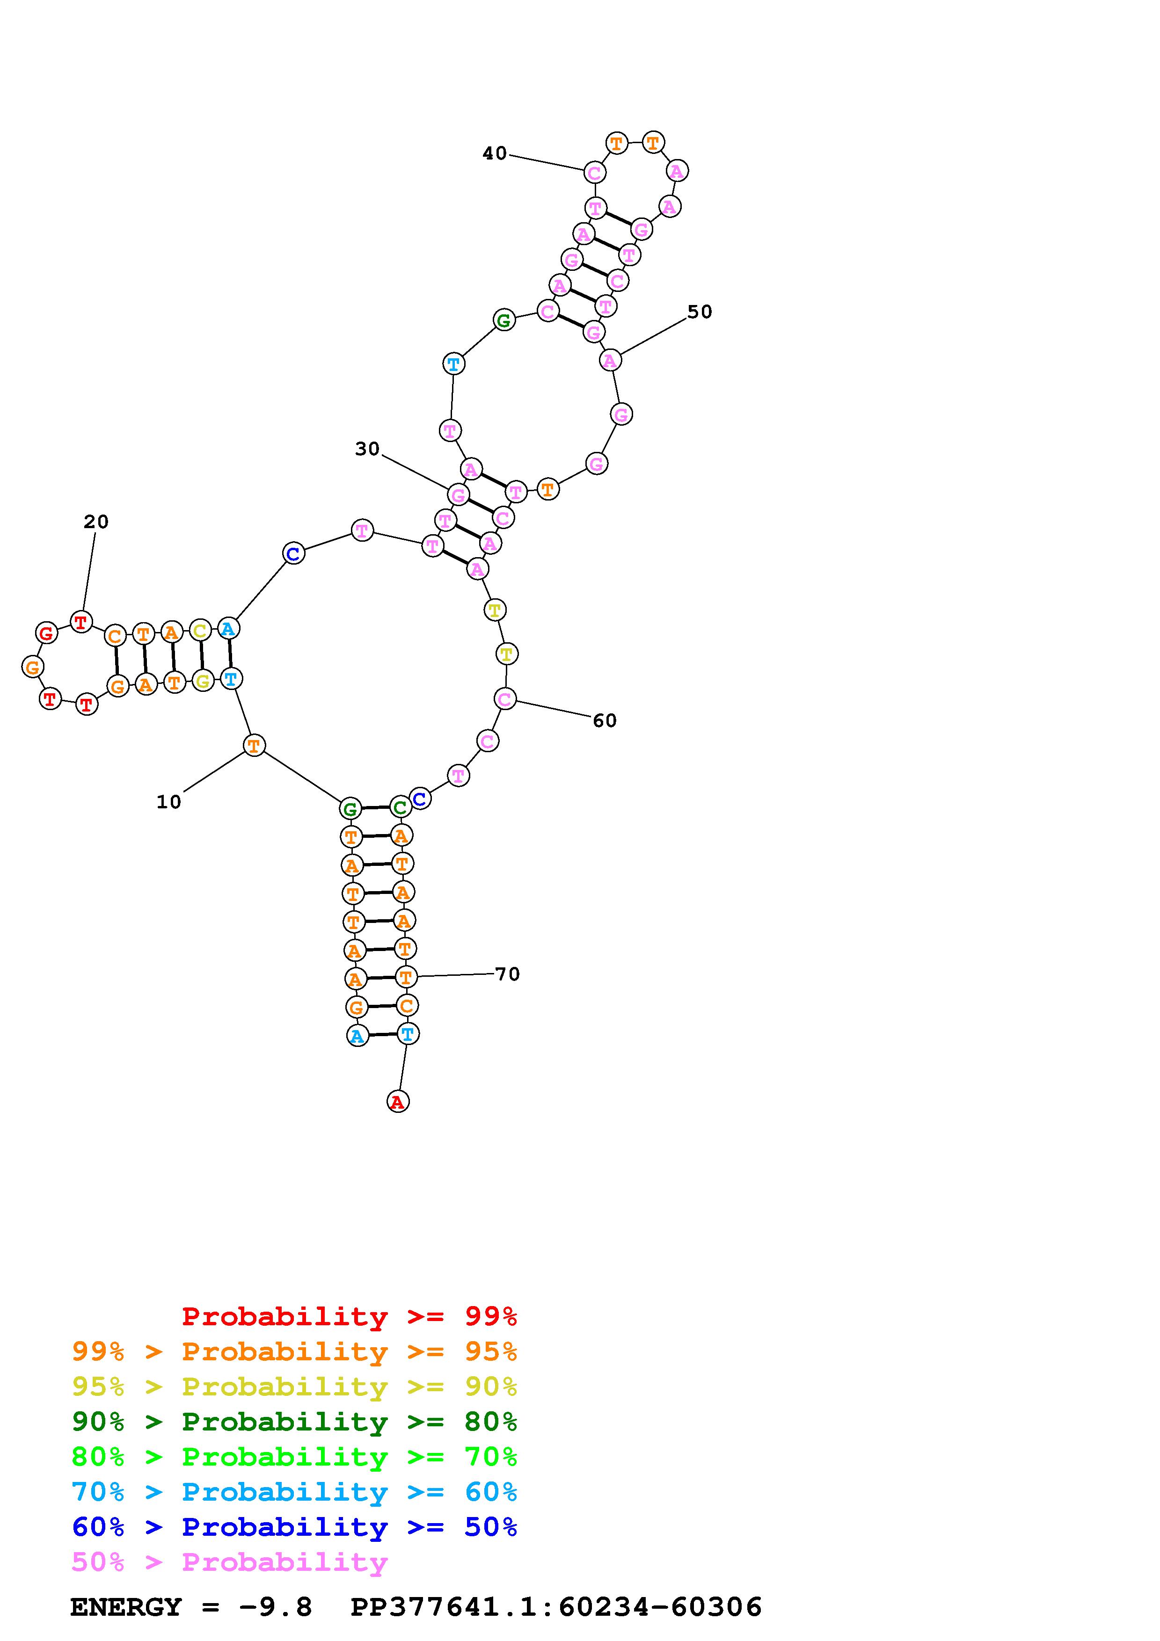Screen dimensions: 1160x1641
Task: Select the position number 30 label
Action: click(x=367, y=449)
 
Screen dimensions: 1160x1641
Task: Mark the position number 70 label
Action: click(x=507, y=974)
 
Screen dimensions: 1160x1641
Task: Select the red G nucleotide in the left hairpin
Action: click(x=46, y=632)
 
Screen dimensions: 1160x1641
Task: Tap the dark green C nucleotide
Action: click(x=400, y=807)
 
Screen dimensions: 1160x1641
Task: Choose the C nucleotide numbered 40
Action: click(x=595, y=172)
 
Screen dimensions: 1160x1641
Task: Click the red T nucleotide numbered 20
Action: click(x=81, y=622)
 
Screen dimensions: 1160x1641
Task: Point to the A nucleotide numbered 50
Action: click(x=610, y=361)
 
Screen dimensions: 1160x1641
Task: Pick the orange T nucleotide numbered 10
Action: click(x=254, y=746)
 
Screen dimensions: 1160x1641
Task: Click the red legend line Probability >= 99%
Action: click(x=350, y=1316)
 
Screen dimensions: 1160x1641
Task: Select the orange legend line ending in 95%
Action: click(x=294, y=1351)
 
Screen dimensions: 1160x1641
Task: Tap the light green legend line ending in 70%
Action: click(x=294, y=1457)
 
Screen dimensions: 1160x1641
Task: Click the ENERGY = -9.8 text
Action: click(x=191, y=1607)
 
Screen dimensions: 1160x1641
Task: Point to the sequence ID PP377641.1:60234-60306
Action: click(x=556, y=1607)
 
